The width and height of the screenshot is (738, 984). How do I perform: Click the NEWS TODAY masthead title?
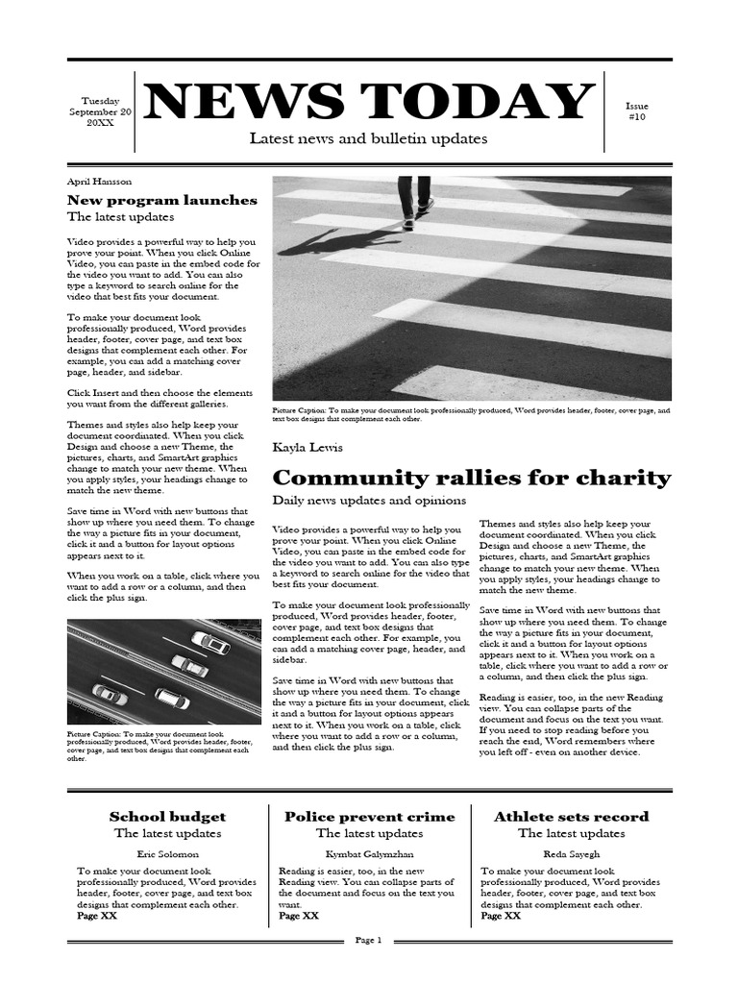[x=368, y=102]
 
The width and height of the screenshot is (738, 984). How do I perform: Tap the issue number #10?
[x=637, y=111]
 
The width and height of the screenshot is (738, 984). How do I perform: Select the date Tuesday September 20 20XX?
[x=100, y=111]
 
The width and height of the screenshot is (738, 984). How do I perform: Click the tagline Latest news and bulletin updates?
[x=368, y=138]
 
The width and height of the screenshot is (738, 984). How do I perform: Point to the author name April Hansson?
[x=99, y=181]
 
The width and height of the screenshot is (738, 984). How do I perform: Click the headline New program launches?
[x=161, y=200]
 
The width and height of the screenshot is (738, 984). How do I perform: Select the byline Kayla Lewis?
[x=307, y=448]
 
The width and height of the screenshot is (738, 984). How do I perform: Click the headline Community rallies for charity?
[x=472, y=478]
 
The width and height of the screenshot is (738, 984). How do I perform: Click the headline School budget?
[x=167, y=817]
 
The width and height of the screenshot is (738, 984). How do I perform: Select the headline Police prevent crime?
[x=369, y=817]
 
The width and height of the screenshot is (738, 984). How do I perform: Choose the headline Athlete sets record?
[x=571, y=817]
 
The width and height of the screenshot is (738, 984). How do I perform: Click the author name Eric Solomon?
[x=167, y=853]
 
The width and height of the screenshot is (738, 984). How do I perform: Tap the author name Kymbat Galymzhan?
[x=369, y=853]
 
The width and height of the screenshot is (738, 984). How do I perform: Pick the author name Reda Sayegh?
[x=571, y=853]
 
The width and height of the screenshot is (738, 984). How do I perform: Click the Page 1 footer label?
[x=369, y=940]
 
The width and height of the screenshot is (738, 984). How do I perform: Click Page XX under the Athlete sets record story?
[x=501, y=916]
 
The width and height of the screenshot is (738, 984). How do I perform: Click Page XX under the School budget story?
[x=97, y=916]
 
